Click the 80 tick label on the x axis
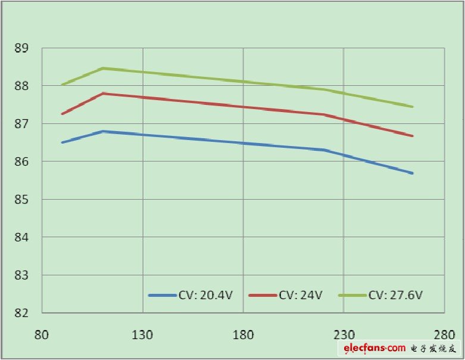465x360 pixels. click(42, 334)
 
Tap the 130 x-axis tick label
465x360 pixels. click(142, 334)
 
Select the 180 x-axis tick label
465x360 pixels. click(243, 334)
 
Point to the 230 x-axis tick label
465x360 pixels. click(344, 334)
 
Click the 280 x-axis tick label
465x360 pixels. click(444, 334)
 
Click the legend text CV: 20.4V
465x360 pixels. click(202, 295)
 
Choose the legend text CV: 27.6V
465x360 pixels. click(396, 295)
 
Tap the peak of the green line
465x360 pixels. click(102, 68)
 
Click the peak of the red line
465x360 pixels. click(102, 93)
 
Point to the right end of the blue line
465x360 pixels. click(413, 173)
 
